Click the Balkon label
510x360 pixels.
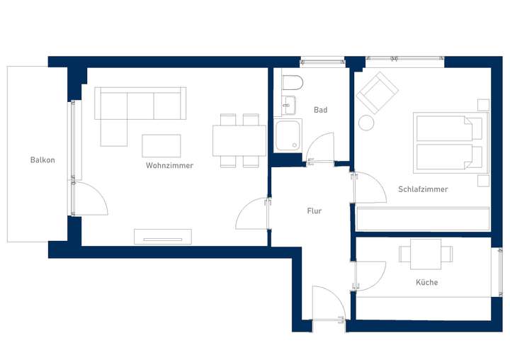[42, 160]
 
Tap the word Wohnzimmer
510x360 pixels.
[169, 166]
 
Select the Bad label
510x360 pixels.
[320, 110]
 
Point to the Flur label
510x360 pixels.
[314, 211]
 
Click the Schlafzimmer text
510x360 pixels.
[423, 189]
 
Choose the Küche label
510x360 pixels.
[426, 282]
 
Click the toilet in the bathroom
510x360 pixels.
[292, 83]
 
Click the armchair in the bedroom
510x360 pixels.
[377, 92]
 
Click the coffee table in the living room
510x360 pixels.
[161, 145]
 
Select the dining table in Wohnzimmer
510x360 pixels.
[239, 140]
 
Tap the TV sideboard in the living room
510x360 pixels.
[163, 236]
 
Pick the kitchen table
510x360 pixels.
[426, 252]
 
